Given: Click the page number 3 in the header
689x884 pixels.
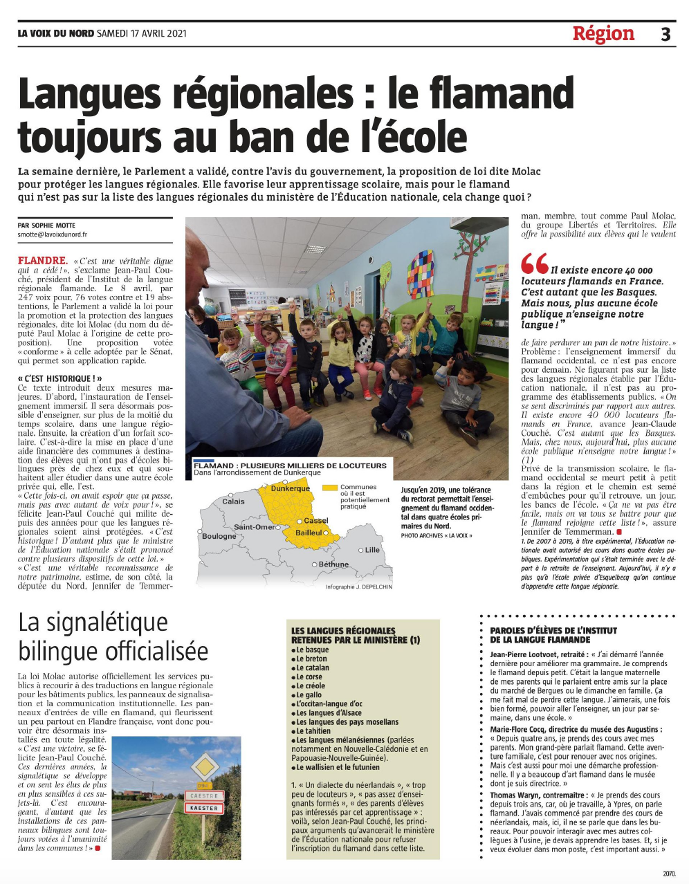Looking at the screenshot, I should click(x=665, y=34).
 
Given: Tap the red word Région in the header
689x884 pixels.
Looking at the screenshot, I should click(x=603, y=33).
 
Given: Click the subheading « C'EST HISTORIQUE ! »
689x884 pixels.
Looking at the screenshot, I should click(x=60, y=378).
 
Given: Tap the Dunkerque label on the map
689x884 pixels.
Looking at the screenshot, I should click(x=290, y=488).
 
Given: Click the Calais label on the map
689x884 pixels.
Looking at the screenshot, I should click(x=233, y=501).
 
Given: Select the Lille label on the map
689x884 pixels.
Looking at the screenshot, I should click(x=372, y=550).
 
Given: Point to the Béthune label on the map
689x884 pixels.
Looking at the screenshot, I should click(x=334, y=564).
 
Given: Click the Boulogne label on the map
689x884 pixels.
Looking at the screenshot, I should click(x=219, y=536).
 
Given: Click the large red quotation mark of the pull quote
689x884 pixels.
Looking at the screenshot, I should click(x=534, y=264).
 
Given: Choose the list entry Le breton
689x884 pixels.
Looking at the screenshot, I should click(x=312, y=659).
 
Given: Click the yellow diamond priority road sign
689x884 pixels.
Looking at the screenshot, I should click(x=204, y=766).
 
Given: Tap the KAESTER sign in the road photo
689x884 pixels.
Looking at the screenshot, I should click(x=204, y=808).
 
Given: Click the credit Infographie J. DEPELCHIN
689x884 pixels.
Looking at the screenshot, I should click(x=358, y=587).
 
